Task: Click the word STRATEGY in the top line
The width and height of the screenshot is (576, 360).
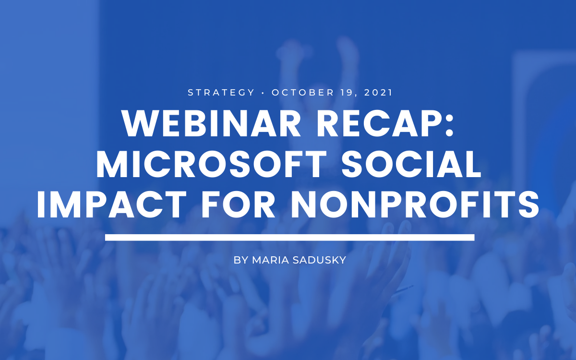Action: coord(221,93)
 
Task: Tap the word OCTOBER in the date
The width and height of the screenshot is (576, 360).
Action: coord(303,93)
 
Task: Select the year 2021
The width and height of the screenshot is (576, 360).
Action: coord(378,93)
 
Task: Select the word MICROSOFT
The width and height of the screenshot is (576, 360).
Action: coord(211,164)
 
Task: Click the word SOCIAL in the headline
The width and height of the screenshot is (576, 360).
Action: coord(411,164)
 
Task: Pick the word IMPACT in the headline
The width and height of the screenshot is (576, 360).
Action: coord(111,204)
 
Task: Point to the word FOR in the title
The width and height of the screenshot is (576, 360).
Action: coord(238,204)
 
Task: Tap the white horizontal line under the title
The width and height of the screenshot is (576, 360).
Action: coord(290,238)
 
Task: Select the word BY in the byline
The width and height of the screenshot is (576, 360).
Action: coord(240,260)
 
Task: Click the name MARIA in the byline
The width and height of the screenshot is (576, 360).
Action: coord(271,260)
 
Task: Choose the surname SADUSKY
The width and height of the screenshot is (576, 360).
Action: coord(319,260)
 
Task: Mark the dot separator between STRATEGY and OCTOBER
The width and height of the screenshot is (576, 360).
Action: coord(263,93)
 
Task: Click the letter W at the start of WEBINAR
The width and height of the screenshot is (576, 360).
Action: coord(138,124)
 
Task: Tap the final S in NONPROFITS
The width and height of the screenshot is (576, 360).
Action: coord(528,204)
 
